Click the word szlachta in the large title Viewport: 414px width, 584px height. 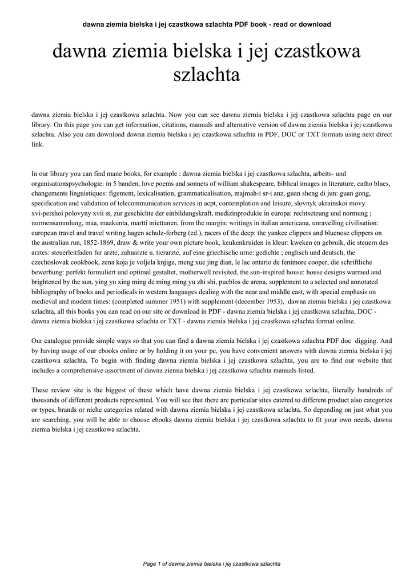click(206, 75)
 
